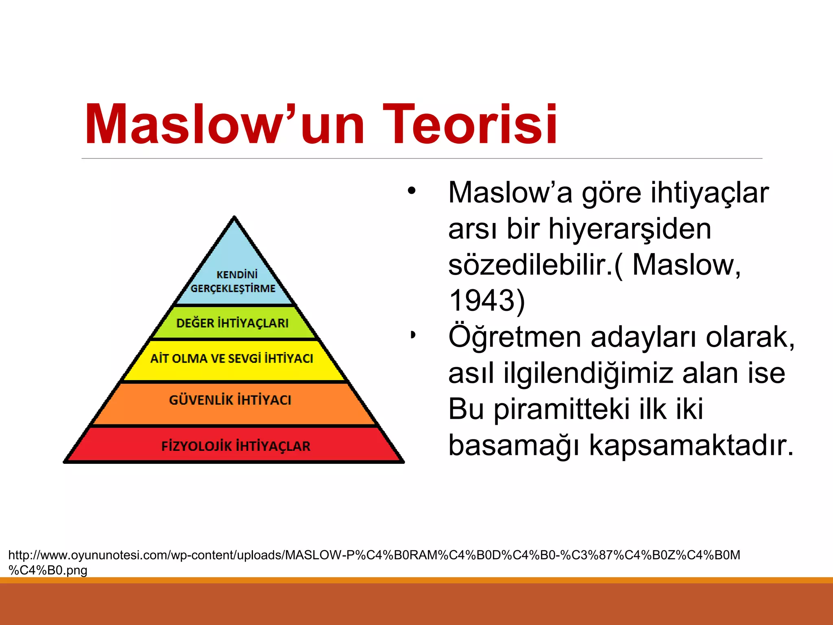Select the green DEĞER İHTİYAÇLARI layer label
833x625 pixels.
[x=232, y=323]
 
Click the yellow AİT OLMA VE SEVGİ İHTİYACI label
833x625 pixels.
[x=232, y=358]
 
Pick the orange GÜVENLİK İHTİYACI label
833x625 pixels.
[x=230, y=400]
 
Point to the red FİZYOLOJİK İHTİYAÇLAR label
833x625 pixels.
[x=236, y=446]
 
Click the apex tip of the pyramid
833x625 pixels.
[x=234, y=218]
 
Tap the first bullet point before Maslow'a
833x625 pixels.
[x=412, y=190]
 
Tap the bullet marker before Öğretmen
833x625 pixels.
[x=413, y=335]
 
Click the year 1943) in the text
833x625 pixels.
[x=486, y=300]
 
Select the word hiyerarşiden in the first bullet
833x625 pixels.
[x=630, y=229]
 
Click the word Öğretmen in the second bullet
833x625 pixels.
[x=515, y=337]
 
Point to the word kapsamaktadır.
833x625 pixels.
[x=691, y=445]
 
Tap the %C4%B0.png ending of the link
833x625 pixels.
[x=48, y=570]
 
